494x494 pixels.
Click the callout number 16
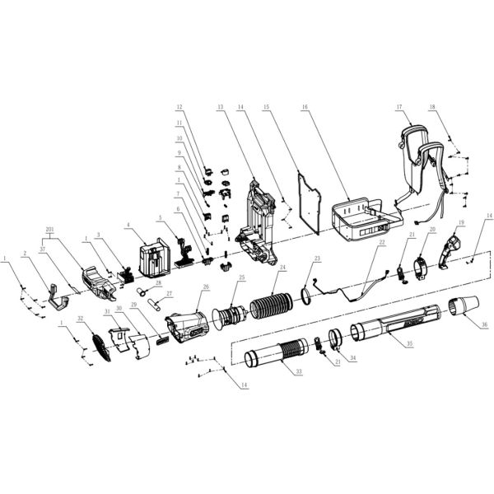click(x=305, y=107)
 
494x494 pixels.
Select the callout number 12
click(x=176, y=107)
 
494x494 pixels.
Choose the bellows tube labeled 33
click(x=280, y=358)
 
